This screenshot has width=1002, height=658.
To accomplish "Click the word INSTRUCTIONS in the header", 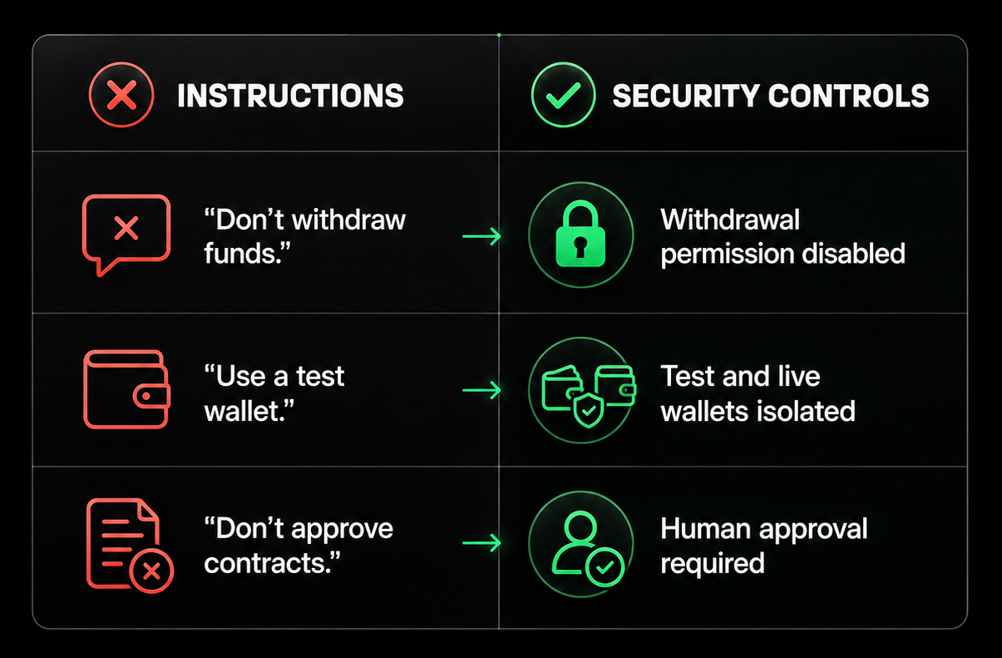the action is tap(291, 96).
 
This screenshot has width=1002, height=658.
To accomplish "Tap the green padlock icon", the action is tap(580, 234).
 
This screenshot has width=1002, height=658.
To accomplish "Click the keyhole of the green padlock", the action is tap(580, 247).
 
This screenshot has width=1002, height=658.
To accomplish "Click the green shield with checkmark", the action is tap(588, 410).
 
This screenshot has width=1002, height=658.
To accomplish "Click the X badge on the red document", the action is tap(151, 571).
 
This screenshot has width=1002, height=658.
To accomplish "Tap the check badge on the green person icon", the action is tap(605, 567).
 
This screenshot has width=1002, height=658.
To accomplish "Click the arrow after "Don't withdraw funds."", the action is tap(481, 236).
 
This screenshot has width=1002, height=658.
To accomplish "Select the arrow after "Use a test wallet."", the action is tap(481, 390).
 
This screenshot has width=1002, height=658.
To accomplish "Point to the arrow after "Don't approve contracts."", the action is tap(481, 543).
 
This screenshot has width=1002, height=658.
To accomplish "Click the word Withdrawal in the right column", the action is tap(730, 220).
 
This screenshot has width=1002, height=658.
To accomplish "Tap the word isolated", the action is tap(802, 411).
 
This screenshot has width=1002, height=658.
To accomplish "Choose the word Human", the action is tap(706, 528).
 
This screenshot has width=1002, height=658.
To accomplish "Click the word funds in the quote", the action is tap(240, 254).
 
